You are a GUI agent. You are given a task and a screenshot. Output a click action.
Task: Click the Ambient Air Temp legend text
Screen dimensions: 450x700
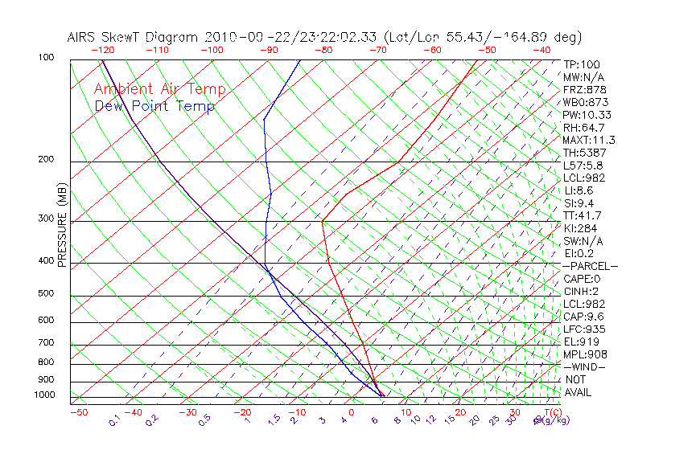click(x=159, y=89)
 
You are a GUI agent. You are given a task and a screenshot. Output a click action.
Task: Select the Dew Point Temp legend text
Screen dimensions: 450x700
click(x=154, y=106)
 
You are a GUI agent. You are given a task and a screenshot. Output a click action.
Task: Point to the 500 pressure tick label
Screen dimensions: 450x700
click(x=47, y=293)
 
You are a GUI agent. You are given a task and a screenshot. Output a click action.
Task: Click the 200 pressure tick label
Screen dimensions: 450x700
click(x=47, y=159)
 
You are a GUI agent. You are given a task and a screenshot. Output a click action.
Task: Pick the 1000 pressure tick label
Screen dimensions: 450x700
click(x=44, y=395)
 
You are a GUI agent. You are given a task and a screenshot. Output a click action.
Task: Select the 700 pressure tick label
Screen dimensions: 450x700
click(x=47, y=343)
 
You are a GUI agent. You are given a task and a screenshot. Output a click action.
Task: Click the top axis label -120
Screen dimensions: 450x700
click(x=102, y=49)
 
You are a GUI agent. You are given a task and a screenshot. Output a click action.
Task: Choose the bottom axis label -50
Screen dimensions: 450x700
click(x=78, y=412)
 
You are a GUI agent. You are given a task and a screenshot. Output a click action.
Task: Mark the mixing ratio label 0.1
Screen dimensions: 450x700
click(x=115, y=419)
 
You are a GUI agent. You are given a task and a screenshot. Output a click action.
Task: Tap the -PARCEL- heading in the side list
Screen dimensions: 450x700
click(x=590, y=266)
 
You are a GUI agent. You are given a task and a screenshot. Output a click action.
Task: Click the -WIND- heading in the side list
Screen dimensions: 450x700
click(x=584, y=366)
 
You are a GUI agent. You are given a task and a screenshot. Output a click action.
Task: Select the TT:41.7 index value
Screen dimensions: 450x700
click(x=583, y=215)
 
